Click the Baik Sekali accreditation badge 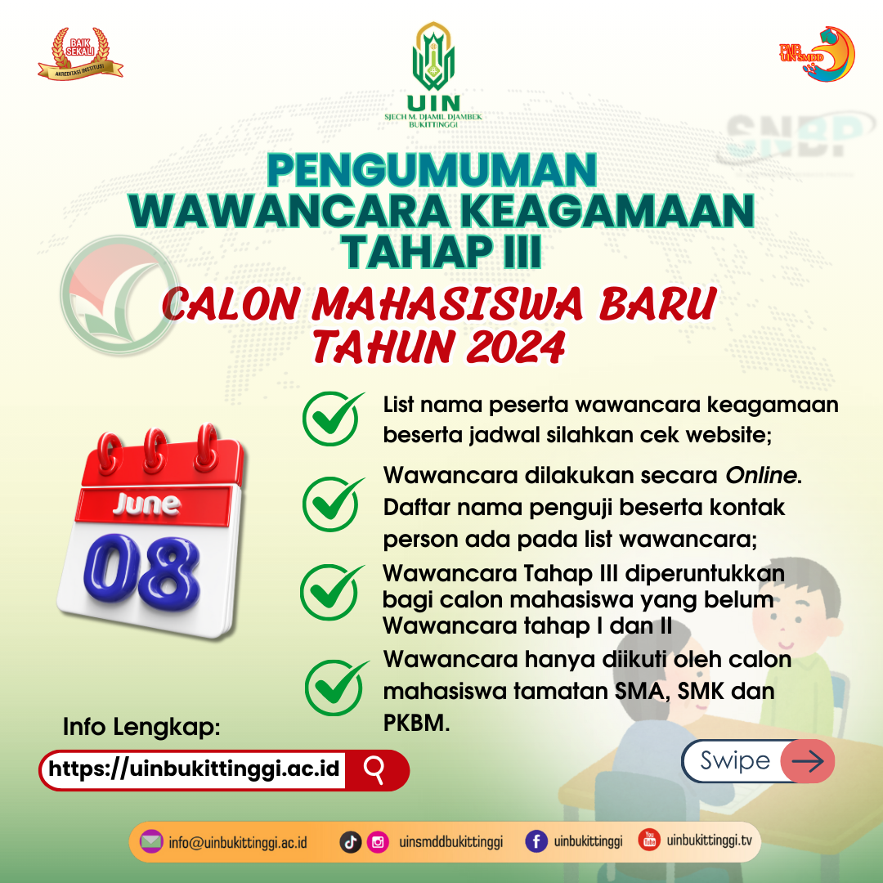pyautogui.click(x=80, y=53)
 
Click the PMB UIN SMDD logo pyautogui.click(x=817, y=54)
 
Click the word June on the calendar pyautogui.click(x=147, y=504)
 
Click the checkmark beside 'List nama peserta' pyautogui.click(x=333, y=419)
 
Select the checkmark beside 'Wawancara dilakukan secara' pyautogui.click(x=333, y=504)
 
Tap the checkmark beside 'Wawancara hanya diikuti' pyautogui.click(x=336, y=687)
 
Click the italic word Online pyautogui.click(x=761, y=475)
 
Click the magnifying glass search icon pyautogui.click(x=374, y=769)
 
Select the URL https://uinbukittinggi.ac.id pyautogui.click(x=194, y=768)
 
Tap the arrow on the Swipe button pyautogui.click(x=808, y=761)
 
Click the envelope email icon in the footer pyautogui.click(x=151, y=842)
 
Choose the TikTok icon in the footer pyautogui.click(x=350, y=842)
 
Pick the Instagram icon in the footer pyautogui.click(x=378, y=842)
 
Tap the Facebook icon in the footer pyautogui.click(x=536, y=841)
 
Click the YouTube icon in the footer pyautogui.click(x=649, y=840)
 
